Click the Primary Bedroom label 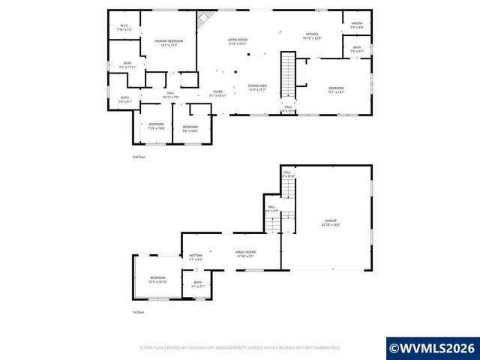coord(168,43)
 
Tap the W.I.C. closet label coord(125,28)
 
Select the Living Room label coord(238,41)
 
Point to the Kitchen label coord(313,36)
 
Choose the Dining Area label coord(257,88)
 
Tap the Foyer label coord(217,93)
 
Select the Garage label coord(331,222)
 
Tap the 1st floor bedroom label coord(157,279)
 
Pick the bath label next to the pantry coord(357,49)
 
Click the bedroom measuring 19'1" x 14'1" coord(336,90)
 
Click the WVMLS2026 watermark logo coord(433,348)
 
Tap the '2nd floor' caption coord(139,157)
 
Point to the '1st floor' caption coord(139,312)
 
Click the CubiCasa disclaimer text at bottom coord(240,347)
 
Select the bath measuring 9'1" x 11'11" coord(127,65)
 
